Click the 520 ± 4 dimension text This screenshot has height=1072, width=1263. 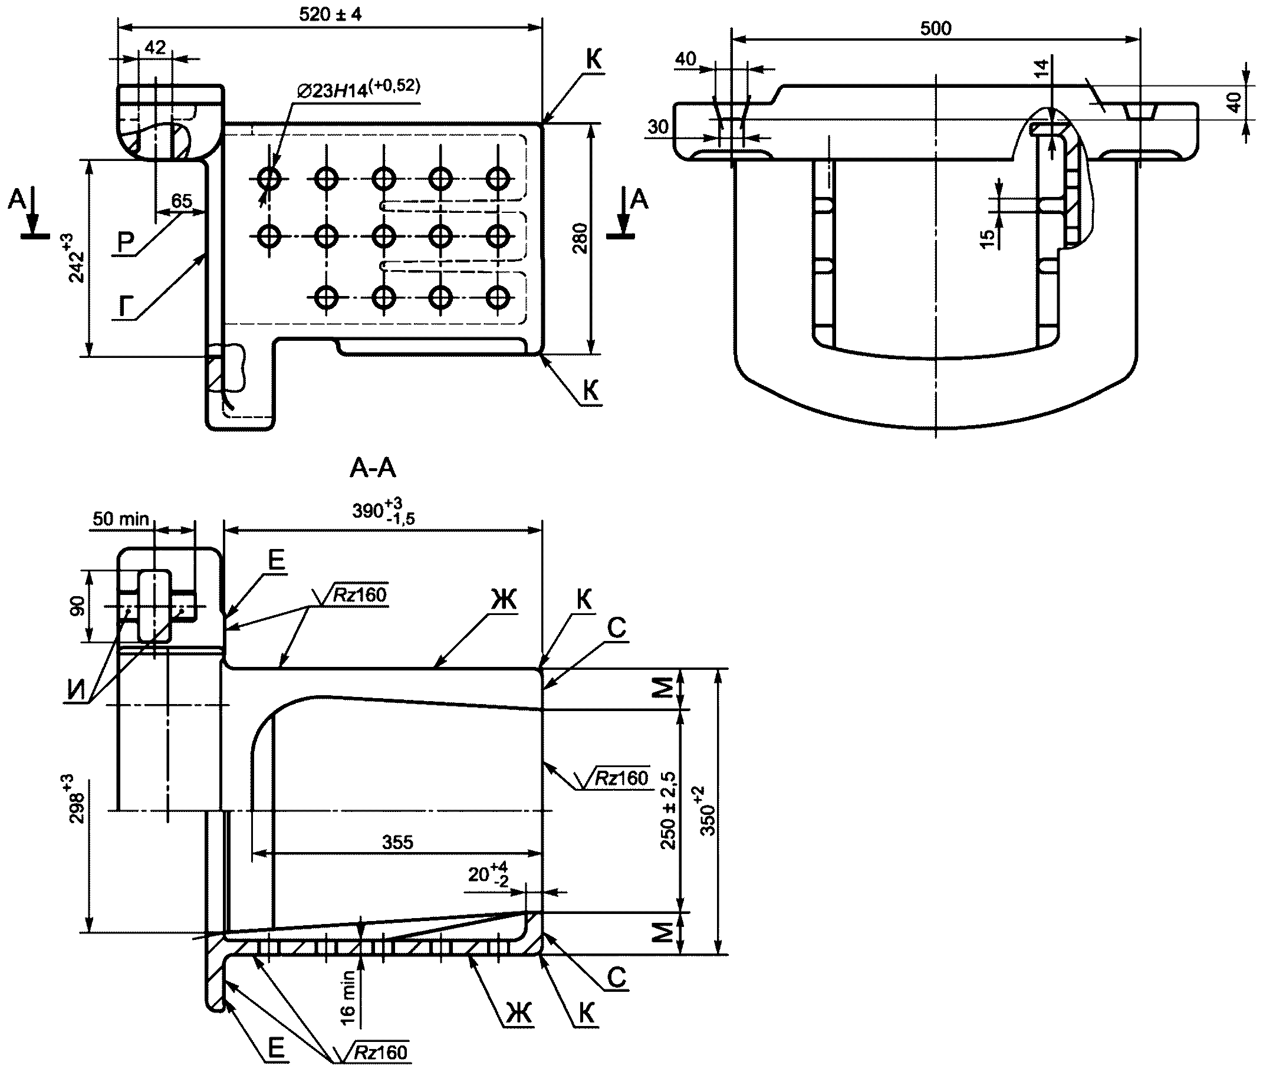(330, 14)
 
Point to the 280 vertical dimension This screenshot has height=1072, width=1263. (580, 238)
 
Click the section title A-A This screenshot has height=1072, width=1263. (373, 468)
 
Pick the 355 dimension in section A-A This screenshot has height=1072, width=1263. (397, 842)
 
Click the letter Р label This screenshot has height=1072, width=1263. (125, 243)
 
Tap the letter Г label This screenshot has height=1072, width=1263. (124, 307)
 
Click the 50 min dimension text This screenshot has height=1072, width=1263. (120, 519)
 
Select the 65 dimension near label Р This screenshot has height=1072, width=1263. (181, 200)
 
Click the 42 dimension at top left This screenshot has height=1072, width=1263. (156, 47)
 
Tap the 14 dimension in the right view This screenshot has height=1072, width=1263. (1041, 68)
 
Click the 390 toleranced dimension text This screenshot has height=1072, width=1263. (383, 511)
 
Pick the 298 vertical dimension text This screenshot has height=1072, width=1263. (78, 799)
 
